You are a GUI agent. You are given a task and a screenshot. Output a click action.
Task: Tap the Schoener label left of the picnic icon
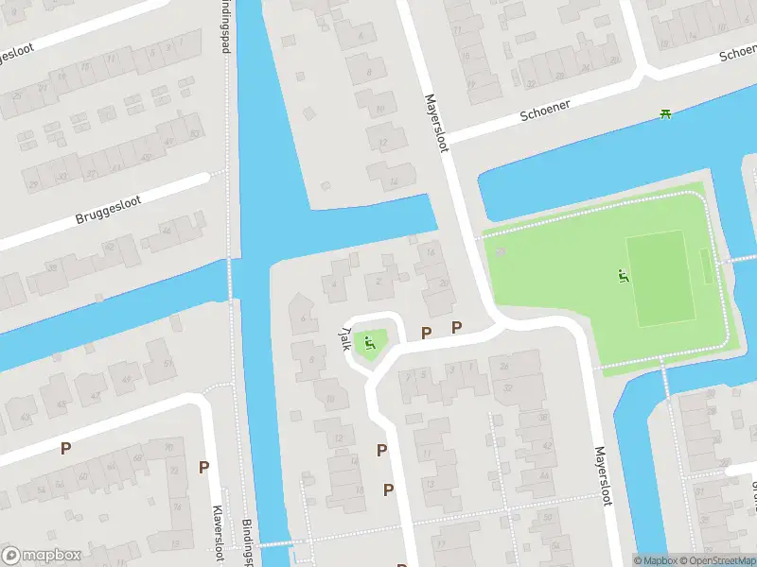point(545,111)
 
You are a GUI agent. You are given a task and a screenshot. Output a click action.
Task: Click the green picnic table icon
point(665,113)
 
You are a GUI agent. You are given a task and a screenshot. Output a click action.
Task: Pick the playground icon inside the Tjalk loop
point(370,343)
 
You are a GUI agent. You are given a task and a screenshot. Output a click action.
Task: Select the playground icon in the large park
point(623,276)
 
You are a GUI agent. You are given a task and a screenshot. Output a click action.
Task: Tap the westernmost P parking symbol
point(65,449)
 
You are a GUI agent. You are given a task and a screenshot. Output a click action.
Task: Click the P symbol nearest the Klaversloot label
point(203,467)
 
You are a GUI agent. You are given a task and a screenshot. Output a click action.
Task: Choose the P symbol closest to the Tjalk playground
point(426,334)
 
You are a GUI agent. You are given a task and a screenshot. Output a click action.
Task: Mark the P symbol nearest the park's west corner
point(457,328)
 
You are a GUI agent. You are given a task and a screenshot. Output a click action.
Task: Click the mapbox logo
point(41,556)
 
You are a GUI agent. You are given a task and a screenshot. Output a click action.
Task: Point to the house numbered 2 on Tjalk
point(379,280)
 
